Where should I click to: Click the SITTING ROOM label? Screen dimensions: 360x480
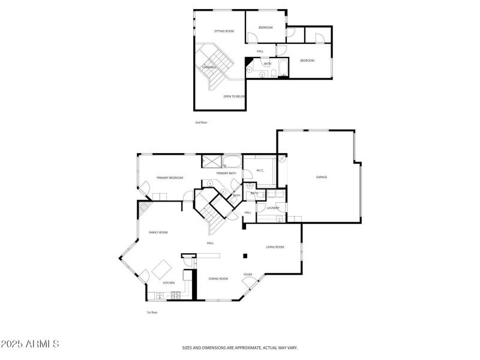pyautogui.click(x=224, y=31)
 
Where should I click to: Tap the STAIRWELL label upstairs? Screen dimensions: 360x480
pyautogui.click(x=209, y=67)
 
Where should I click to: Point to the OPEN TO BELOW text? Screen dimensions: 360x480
pyautogui.click(x=234, y=96)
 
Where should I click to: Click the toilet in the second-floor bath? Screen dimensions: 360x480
pyautogui.click(x=273, y=74)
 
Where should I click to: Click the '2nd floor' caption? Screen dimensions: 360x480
pyautogui.click(x=201, y=122)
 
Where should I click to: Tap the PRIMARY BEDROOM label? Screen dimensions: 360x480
pyautogui.click(x=170, y=178)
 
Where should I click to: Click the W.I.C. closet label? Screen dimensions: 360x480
pyautogui.click(x=260, y=170)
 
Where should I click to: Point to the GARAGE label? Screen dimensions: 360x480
pyautogui.click(x=322, y=177)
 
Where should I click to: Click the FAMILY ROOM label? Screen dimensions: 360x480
pyautogui.click(x=158, y=232)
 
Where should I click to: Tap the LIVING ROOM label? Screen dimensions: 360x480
pyautogui.click(x=275, y=247)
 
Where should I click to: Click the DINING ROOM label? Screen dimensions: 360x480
pyautogui.click(x=218, y=278)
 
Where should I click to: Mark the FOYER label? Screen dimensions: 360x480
pyautogui.click(x=248, y=275)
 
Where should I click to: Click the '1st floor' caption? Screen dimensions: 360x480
pyautogui.click(x=152, y=312)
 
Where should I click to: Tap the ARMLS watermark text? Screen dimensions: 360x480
pyautogui.click(x=30, y=344)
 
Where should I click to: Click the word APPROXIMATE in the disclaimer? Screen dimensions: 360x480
pyautogui.click(x=241, y=347)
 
